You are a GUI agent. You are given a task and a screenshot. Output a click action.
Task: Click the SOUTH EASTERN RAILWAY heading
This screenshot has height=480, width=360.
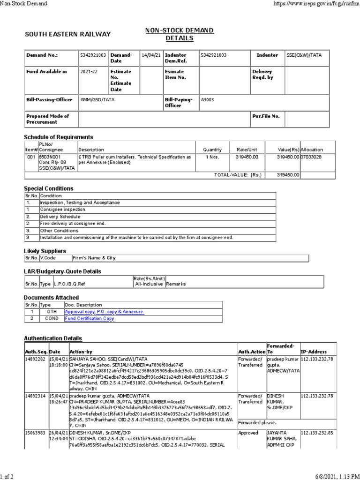67,34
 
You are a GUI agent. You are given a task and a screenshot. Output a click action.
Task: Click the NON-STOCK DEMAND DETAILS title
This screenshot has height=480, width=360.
180,34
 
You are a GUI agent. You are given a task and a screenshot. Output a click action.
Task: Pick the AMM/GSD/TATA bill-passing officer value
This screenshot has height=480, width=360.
97,100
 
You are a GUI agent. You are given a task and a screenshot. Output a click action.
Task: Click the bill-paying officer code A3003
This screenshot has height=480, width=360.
207,100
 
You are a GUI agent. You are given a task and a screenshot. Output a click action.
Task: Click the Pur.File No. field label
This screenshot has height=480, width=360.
266,116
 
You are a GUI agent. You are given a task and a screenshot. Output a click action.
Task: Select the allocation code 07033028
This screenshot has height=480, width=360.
312,157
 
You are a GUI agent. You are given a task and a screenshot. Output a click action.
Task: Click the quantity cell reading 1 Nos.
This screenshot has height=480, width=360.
212,157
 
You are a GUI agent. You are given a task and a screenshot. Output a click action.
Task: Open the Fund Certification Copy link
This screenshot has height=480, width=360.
90,318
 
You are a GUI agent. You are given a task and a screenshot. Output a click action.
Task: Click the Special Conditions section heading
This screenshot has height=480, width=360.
49,188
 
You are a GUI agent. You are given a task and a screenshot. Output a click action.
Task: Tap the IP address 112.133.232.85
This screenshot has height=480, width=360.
317,433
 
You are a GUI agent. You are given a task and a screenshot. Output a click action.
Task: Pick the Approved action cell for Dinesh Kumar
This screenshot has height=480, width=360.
248,433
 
